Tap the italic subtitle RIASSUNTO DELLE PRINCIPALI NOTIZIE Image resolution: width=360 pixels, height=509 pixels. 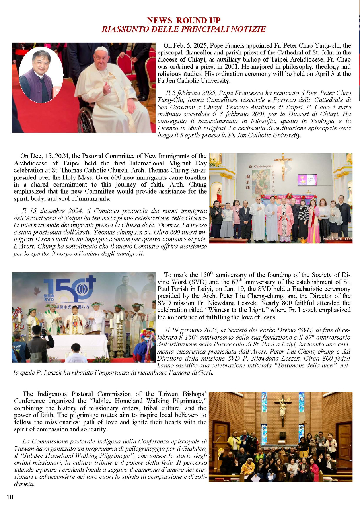(184, 29)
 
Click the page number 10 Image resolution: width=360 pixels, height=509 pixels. (10, 497)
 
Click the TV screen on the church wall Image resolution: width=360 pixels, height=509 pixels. (307, 179)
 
